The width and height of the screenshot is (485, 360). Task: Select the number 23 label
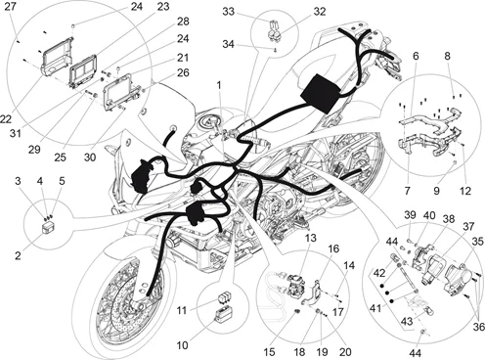tap(162, 6)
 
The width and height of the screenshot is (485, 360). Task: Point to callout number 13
tap(309, 238)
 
